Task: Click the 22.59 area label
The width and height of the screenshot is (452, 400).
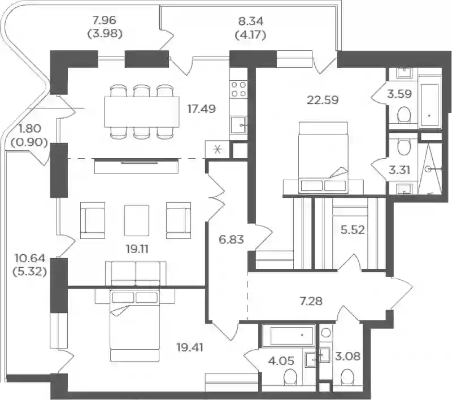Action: point(323,100)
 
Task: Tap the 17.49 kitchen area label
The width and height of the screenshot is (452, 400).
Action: point(202,109)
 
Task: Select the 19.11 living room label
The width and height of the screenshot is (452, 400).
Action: point(137,249)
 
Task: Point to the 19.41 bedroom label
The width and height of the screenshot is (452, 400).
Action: point(190,347)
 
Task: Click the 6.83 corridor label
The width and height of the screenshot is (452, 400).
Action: point(231,239)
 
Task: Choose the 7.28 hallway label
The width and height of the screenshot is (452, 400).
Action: point(311,301)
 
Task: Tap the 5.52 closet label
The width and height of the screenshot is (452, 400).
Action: point(353,230)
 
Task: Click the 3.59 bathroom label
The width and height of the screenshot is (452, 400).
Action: point(399,94)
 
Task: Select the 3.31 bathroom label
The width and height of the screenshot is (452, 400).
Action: point(399,170)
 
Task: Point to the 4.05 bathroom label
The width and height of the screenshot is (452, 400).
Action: point(281,360)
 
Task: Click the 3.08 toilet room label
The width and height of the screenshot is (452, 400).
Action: point(347,356)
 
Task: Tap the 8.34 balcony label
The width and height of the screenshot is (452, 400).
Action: point(251,21)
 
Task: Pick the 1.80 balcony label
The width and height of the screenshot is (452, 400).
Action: point(30,128)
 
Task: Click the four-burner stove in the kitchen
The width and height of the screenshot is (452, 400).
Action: point(238,89)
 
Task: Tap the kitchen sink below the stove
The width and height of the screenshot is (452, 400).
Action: point(238,125)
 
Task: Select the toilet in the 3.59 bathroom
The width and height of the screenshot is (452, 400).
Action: point(403,115)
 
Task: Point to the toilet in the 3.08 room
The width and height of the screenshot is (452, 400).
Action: point(347,377)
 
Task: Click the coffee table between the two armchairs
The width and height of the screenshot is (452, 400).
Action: point(137,220)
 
